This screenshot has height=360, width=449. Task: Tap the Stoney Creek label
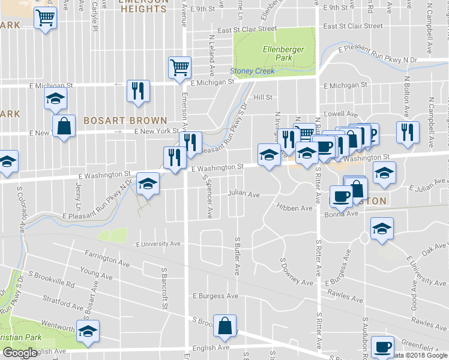253,71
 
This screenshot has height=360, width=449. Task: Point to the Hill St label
263,97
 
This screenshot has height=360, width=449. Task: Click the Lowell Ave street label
340,113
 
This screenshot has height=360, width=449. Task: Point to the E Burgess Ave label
215,296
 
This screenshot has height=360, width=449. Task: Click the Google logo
20,353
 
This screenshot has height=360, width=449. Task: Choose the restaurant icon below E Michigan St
138,91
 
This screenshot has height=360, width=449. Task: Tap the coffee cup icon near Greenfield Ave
382,346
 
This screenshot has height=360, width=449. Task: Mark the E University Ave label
158,244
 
